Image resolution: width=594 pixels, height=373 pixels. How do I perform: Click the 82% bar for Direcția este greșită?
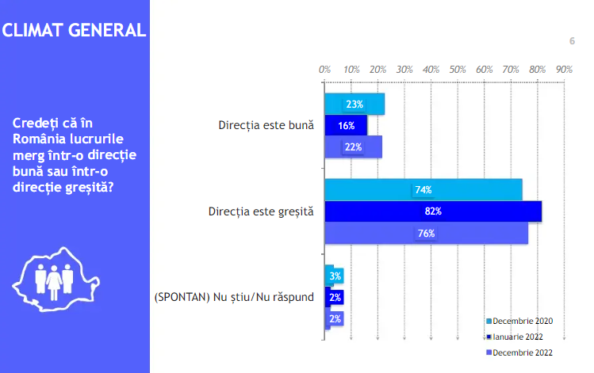pos(432,211)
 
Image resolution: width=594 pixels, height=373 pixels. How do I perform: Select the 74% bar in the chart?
pos(423,190)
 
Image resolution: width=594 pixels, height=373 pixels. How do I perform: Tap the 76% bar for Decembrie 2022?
pos(426,234)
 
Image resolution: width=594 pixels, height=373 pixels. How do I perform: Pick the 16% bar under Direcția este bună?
pos(346,126)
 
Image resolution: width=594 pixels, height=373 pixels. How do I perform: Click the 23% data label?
pos(354,105)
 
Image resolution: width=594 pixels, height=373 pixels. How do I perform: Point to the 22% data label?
pos(353,147)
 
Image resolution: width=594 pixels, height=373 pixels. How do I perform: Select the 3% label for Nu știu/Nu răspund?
pos(335,276)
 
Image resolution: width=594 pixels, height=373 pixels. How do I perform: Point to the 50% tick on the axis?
pos(458,70)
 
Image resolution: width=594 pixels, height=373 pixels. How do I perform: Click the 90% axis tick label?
pos(564,70)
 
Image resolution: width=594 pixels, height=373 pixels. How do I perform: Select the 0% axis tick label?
pos(324,70)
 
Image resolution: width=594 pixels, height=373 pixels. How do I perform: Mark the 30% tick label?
pos(404,70)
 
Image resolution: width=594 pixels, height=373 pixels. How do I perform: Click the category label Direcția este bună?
pos(266,126)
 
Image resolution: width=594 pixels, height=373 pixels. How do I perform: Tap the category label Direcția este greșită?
pos(261,212)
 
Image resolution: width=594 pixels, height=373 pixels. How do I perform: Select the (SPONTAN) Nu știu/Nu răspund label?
pos(233,298)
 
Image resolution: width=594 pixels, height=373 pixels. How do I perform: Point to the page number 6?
pos(571,41)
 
